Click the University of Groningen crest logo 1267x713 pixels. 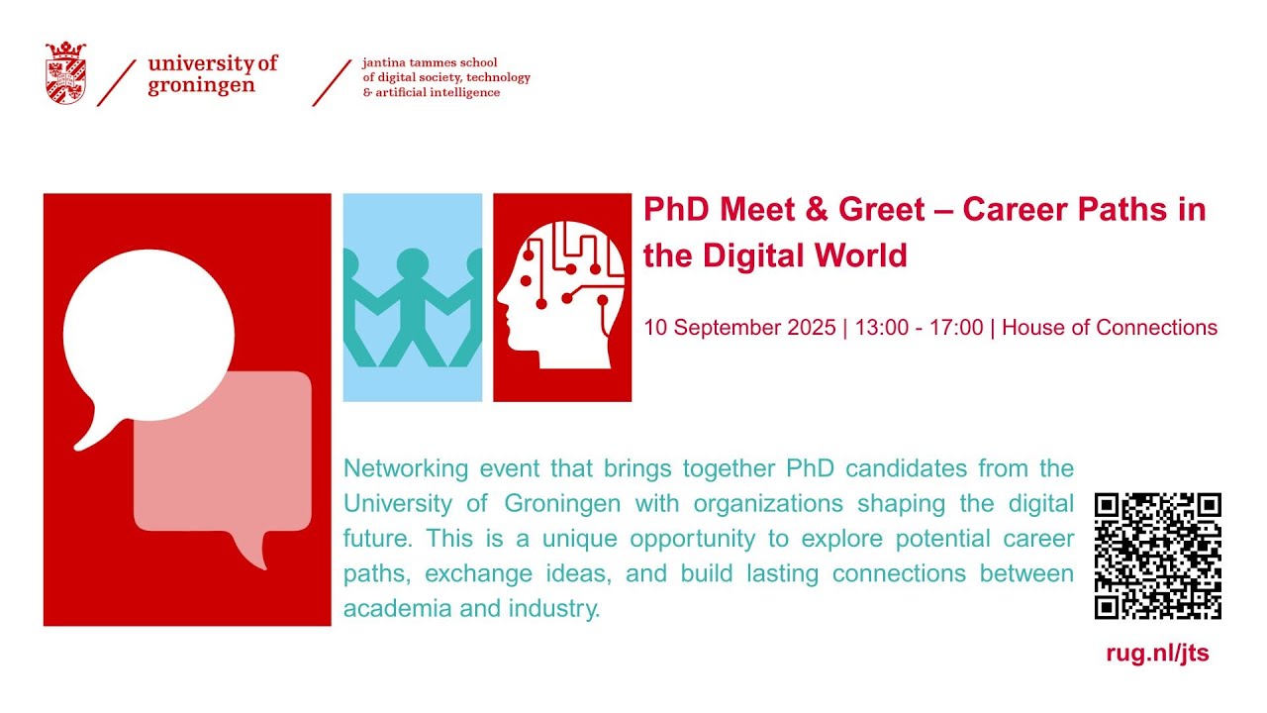pos(65,72)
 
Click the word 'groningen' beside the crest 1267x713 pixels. pos(201,85)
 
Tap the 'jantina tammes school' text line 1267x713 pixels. pos(430,62)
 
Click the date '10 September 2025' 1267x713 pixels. pos(739,328)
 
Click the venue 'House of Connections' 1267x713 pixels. pos(1110,328)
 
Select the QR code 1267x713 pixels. pos(1157,556)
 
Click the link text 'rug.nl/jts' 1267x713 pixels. pos(1157,654)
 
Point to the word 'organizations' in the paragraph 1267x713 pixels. pos(767,504)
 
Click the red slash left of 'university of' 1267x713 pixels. pos(117,82)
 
